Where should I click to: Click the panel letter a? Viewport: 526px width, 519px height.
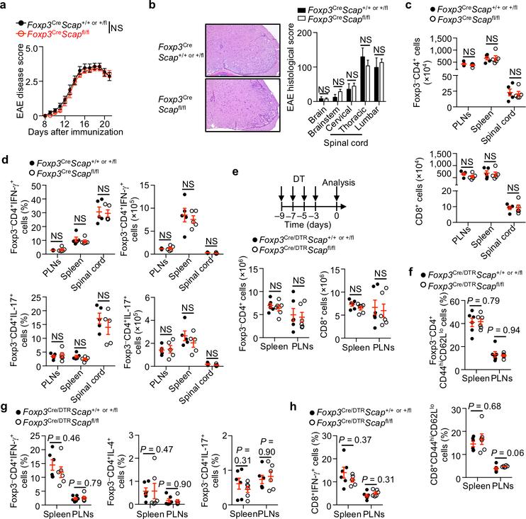(5, 6)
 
